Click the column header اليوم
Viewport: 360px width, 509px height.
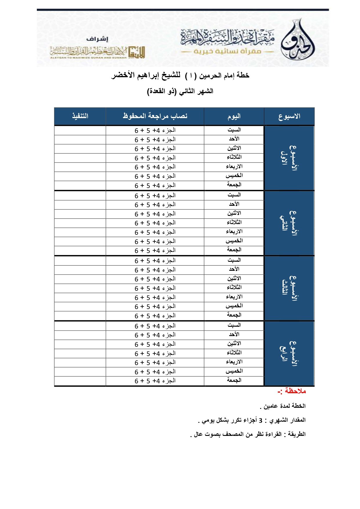click(234, 116)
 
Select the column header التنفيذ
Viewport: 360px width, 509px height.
click(80, 116)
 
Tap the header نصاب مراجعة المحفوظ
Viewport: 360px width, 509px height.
click(155, 116)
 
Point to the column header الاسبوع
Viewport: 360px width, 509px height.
click(289, 116)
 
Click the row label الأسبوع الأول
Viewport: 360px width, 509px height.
click(289, 158)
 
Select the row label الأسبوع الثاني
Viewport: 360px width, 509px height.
click(289, 223)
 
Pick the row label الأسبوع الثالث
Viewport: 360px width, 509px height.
click(289, 288)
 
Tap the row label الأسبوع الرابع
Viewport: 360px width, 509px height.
click(289, 353)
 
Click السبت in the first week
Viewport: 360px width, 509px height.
click(234, 130)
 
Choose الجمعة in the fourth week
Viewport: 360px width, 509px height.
click(234, 380)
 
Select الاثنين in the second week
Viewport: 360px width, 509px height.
click(234, 213)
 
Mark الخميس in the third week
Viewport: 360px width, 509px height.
click(234, 306)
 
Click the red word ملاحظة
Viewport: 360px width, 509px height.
click(295, 391)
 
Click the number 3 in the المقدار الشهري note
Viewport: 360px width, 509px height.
click(260, 420)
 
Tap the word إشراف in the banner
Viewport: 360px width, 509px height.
click(97, 39)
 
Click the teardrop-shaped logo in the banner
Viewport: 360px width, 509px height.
click(298, 41)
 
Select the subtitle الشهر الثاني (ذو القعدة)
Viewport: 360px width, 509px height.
click(180, 91)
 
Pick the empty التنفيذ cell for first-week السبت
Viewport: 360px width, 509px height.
click(80, 130)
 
